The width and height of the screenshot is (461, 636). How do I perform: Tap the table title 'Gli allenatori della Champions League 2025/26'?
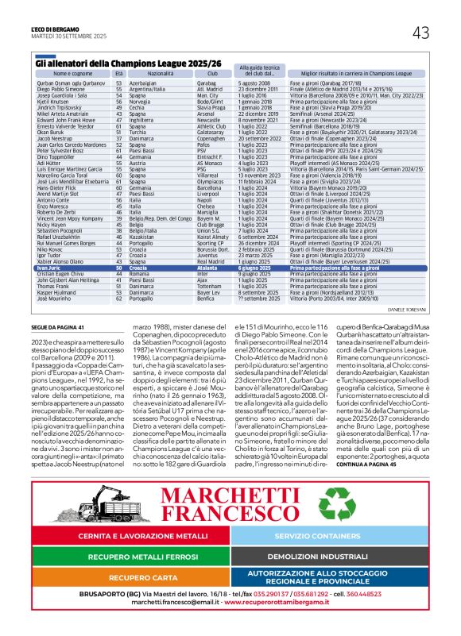(117, 62)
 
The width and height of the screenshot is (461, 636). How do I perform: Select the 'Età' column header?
(118, 73)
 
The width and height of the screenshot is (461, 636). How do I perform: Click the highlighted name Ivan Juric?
(48, 247)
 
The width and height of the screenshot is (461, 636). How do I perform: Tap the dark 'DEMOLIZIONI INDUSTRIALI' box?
(329, 557)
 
